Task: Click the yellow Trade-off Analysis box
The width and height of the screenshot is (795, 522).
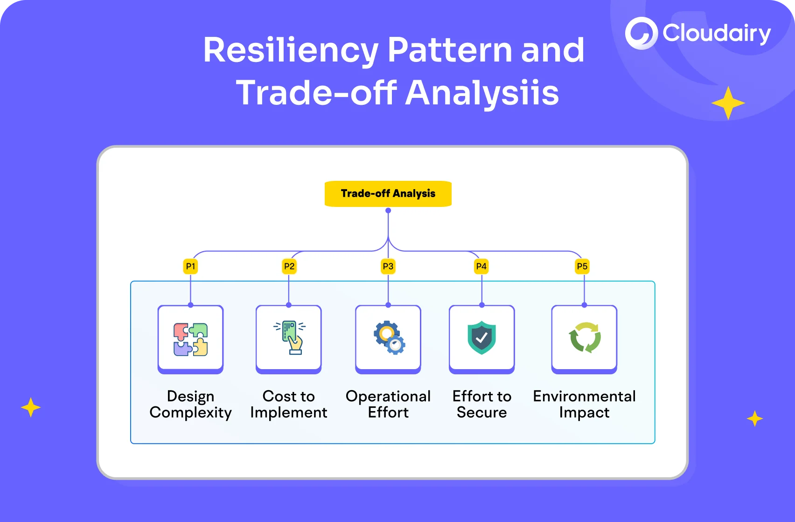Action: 388,193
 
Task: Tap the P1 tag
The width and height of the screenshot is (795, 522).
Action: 190,267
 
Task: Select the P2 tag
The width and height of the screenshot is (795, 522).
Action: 289,267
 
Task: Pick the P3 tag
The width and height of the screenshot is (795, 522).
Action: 388,267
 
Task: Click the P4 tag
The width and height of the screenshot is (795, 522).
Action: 481,267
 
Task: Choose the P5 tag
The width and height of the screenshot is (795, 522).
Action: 582,267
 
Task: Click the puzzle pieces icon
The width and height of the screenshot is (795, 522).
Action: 190,339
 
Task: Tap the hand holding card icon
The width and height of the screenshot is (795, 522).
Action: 290,337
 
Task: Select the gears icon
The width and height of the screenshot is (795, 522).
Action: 389,337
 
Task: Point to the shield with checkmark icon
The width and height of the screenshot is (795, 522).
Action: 481,337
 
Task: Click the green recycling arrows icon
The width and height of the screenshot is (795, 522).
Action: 585,337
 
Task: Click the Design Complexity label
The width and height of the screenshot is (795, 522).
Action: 190,404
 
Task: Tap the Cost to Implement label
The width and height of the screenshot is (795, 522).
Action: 289,404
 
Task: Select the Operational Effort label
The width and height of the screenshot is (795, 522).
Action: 388,404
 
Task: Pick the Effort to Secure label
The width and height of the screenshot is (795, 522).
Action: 481,404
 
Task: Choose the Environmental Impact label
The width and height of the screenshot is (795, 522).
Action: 584,404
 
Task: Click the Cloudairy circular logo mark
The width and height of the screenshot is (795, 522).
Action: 641,33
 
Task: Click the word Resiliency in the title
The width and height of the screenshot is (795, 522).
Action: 291,50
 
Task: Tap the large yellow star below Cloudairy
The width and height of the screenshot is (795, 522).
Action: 728,103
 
